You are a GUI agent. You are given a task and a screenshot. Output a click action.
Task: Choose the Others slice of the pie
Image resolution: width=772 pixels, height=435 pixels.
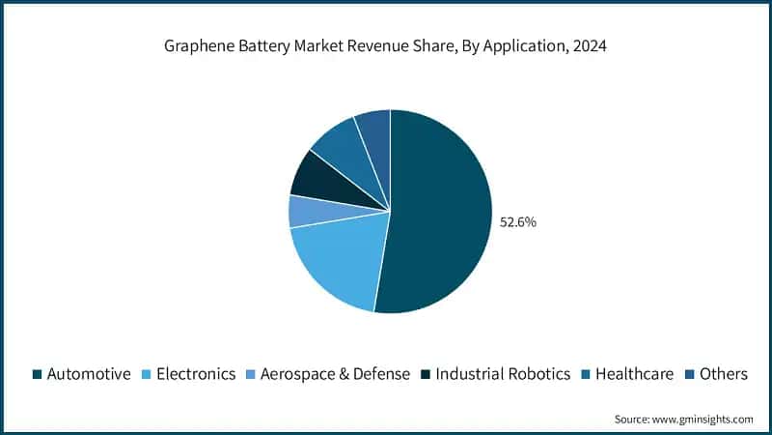tap(374, 130)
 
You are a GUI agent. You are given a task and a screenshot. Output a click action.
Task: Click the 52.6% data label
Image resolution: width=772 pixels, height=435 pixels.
tap(517, 221)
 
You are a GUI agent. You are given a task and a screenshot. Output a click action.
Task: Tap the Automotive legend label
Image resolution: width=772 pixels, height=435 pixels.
tap(88, 374)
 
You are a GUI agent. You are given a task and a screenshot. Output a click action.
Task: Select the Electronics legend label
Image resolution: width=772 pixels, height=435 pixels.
tap(196, 374)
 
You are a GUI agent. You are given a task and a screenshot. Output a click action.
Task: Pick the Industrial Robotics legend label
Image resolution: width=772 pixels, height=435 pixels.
tap(503, 374)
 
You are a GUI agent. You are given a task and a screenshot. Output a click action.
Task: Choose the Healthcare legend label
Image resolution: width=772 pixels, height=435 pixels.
tap(634, 374)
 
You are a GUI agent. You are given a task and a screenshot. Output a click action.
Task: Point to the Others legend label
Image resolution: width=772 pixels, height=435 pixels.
tap(724, 374)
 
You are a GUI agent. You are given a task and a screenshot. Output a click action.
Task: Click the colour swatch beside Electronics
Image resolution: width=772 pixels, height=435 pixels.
tap(148, 374)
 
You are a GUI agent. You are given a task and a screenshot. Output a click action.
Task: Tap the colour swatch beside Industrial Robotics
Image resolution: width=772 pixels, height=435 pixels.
tap(427, 374)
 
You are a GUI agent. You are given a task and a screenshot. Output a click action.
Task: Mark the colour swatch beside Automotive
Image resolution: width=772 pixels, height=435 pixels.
tap(37, 374)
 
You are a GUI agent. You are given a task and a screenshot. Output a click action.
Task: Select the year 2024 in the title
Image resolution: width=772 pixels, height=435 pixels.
tap(590, 46)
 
